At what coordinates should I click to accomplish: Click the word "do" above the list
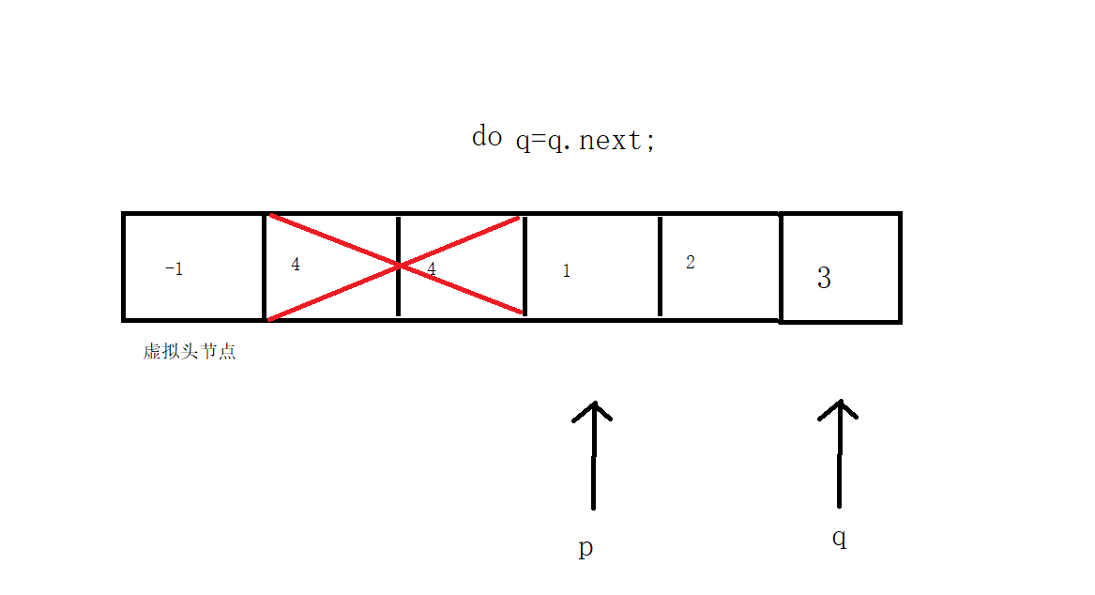click(486, 137)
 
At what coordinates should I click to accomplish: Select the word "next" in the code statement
click(611, 141)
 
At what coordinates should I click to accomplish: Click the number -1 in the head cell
click(174, 269)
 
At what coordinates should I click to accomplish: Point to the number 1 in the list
click(566, 271)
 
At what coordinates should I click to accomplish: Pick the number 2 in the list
click(691, 263)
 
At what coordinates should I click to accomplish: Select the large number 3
click(824, 278)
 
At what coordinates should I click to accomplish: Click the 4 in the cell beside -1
click(296, 265)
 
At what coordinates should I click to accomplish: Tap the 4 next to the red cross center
click(432, 269)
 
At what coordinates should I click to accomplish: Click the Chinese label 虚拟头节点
click(190, 352)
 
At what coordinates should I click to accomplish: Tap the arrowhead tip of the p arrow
click(593, 404)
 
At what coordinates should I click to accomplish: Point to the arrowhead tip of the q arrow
click(840, 401)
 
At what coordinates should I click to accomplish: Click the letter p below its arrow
click(586, 548)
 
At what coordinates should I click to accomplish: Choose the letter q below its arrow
click(839, 539)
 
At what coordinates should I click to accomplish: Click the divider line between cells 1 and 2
click(660, 267)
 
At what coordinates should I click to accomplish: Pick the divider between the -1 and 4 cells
click(265, 267)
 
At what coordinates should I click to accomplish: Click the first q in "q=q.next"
click(523, 143)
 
